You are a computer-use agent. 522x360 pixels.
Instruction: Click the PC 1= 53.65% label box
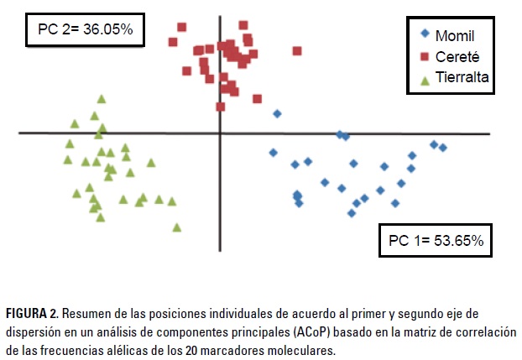[436, 241]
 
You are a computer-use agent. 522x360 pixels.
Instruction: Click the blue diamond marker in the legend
[425, 34]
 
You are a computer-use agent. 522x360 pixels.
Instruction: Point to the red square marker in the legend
[425, 57]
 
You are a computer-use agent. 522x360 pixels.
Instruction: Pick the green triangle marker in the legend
[425, 80]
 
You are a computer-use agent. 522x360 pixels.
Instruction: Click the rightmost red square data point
[297, 51]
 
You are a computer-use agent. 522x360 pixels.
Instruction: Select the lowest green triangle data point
[177, 227]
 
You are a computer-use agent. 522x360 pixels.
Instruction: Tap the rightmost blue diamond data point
[443, 148]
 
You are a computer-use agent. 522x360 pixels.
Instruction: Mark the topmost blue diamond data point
[277, 113]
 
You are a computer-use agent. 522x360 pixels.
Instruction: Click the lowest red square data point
[220, 107]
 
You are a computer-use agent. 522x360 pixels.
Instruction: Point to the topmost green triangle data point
[101, 98]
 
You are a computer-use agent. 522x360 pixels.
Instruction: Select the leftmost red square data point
[173, 41]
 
